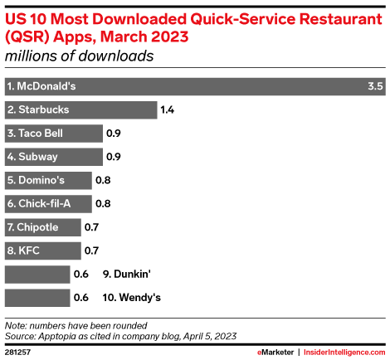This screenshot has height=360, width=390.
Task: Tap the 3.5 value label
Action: click(374, 86)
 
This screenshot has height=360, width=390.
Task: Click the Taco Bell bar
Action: click(53, 133)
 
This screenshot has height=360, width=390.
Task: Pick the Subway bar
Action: click(53, 157)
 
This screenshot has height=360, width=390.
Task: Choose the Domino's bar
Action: click(48, 180)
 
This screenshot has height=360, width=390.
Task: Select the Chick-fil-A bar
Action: click(48, 203)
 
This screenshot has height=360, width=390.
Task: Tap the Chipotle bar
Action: click(43, 226)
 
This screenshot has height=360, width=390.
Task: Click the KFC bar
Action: click(43, 251)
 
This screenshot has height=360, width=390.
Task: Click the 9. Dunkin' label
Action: click(125, 274)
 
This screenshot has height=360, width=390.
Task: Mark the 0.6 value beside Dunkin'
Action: click(81, 274)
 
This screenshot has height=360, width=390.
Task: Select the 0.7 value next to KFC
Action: click(92, 251)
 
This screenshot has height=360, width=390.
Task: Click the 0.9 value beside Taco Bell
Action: click(115, 133)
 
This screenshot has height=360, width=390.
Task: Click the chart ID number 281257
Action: click(20, 352)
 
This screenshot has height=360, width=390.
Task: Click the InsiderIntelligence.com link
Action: click(342, 352)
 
